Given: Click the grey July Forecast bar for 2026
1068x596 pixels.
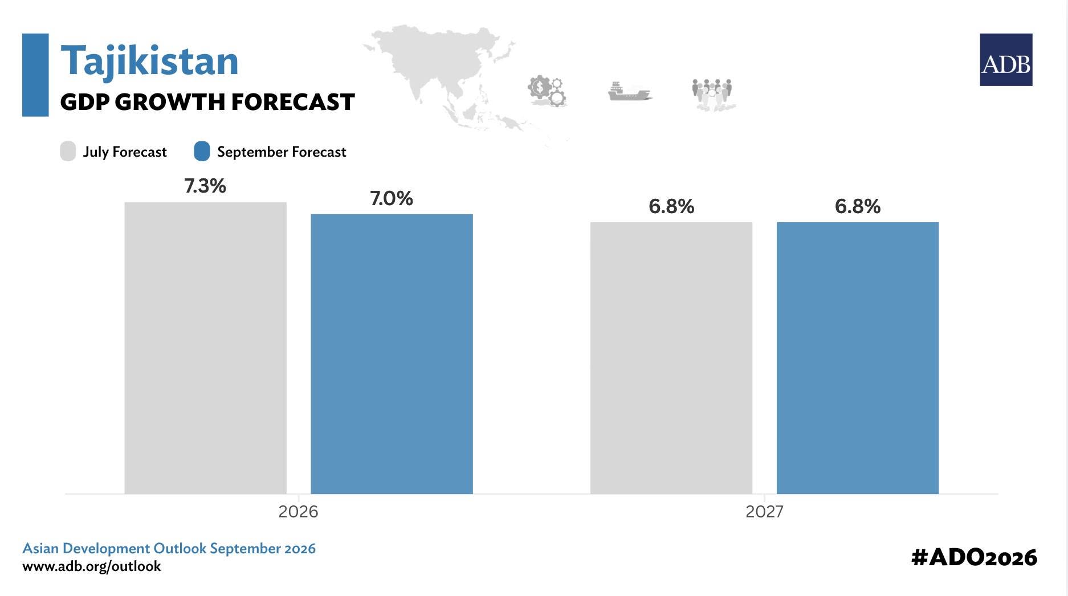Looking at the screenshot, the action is pos(205,348).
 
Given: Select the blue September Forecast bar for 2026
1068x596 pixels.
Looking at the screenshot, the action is pos(392,354).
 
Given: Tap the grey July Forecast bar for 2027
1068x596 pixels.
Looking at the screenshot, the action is pos(671,358).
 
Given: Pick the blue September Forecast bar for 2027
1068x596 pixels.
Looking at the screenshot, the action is pos(858,358).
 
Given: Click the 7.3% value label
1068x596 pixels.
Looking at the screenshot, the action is pos(205,186).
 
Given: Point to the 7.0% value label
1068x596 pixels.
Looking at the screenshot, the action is pos(392,198).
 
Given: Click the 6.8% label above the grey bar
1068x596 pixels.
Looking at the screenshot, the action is pos(671,206).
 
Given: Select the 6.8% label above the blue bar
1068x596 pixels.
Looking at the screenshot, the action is pos(858,206).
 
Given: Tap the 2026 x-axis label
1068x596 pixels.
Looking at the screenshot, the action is pos(298,512).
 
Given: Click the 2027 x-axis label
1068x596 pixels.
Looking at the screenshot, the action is pos(764,512).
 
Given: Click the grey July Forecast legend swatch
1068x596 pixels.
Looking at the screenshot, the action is pos(68,152).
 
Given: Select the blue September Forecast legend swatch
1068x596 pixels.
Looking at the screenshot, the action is pos(202,152).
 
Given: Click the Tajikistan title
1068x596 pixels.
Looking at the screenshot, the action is pos(149,61).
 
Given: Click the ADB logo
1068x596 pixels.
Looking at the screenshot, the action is pos(1006,60).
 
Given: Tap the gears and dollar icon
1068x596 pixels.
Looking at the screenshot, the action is pos(547,91).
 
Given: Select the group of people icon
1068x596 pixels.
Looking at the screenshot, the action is pos(712,94).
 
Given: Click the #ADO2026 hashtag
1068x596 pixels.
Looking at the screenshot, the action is pos(974,557).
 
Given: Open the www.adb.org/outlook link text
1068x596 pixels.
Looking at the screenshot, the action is pos(92,566).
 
